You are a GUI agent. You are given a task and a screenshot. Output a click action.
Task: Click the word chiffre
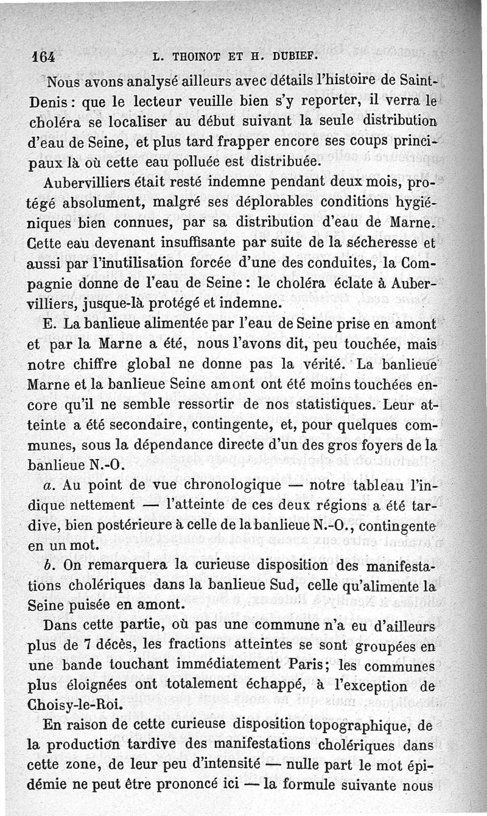(x=96, y=365)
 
